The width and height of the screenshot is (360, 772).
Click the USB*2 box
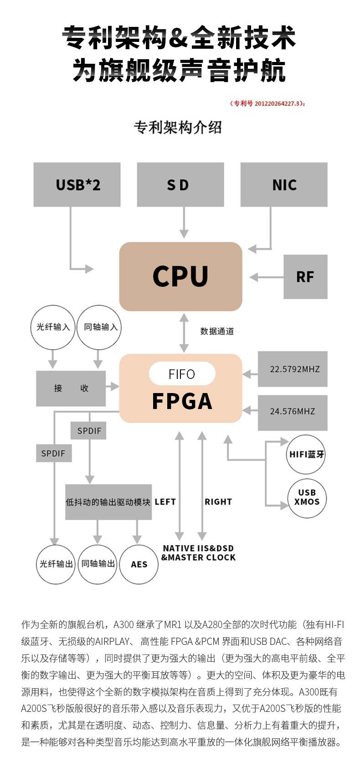point(77,184)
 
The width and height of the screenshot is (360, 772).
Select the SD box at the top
point(180,184)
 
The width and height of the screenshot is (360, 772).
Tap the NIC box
point(284,184)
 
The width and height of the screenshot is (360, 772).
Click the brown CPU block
point(180,276)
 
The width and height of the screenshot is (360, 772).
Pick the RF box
point(305,277)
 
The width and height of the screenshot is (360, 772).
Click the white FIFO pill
point(182,374)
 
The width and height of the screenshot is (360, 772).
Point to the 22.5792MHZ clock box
point(293,369)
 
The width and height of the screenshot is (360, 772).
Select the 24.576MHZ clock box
point(293,411)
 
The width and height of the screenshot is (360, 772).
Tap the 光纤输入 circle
point(53,327)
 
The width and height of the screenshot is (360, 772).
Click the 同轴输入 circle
point(100,327)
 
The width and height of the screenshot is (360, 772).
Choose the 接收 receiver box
point(71,389)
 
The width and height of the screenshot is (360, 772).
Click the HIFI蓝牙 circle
point(306,454)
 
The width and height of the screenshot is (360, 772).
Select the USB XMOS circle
point(307,498)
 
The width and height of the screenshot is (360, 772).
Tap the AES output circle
point(139,564)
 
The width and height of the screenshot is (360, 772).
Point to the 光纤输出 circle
point(56,564)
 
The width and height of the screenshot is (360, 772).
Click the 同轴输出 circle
point(98,564)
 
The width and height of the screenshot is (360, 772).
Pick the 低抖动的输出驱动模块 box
point(108,502)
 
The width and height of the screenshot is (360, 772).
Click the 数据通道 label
point(217,332)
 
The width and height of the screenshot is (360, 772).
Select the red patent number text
point(267,103)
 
